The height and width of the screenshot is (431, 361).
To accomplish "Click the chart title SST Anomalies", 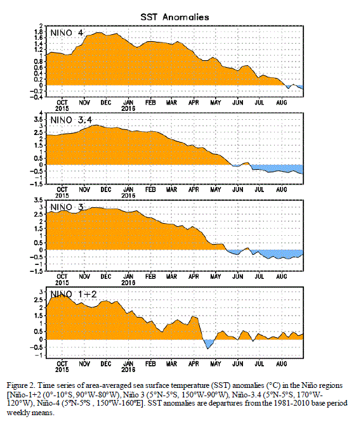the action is click(174, 17).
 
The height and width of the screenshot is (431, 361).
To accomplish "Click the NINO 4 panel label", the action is click(67, 33).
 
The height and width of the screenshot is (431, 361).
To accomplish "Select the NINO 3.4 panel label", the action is click(71, 120).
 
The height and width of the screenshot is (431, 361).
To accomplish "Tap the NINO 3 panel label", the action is click(67, 207).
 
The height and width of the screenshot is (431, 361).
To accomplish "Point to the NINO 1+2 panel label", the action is click(74, 294).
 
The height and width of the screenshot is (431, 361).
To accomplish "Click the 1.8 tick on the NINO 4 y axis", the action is click(39, 32).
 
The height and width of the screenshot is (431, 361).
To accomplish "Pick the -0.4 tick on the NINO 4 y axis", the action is click(37, 97).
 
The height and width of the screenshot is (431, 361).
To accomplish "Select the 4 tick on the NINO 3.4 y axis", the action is click(41, 113).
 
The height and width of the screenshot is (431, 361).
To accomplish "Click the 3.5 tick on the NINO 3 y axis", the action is click(39, 200).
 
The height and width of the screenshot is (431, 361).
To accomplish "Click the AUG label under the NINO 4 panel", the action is click(281, 103).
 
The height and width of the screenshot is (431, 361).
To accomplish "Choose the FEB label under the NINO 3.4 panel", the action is click(150, 190).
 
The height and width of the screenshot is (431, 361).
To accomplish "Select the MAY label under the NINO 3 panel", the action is click(216, 276).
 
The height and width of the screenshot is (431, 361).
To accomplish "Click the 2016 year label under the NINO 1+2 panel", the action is click(128, 370).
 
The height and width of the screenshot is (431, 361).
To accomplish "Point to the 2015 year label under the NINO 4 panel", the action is click(62, 108).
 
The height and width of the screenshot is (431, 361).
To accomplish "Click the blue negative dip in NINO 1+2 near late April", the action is click(209, 344).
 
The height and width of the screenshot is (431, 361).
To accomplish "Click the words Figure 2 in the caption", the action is click(18, 385).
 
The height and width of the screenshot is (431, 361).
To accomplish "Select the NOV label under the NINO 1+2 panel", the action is click(84, 364).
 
